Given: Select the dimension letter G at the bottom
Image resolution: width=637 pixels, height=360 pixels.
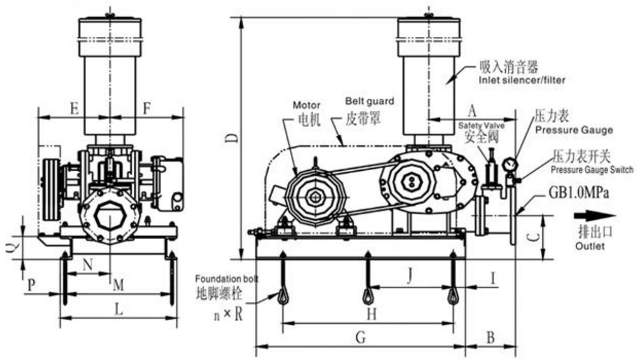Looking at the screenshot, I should (x=360, y=338).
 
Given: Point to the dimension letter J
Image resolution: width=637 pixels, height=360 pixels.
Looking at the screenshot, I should (x=410, y=276).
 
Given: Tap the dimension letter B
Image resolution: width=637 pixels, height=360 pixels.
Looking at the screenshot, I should (x=490, y=337).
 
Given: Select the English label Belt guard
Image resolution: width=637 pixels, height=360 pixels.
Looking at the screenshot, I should (x=369, y=101).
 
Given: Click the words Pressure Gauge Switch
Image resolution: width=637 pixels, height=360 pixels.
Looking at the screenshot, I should (x=592, y=170).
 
